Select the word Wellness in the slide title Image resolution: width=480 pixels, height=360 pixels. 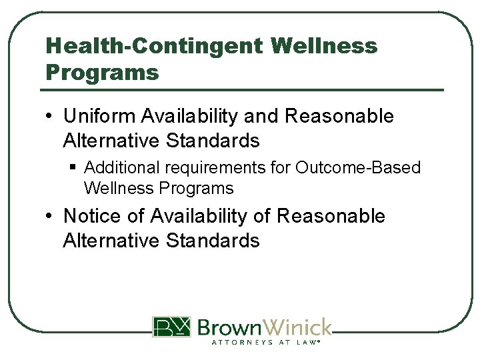click(325, 46)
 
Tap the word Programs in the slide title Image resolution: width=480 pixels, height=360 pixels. click(102, 72)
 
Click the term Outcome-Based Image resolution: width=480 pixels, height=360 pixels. click(359, 167)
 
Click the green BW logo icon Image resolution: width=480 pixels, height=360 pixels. click(171, 327)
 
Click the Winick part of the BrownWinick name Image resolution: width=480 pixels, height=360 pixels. click(298, 327)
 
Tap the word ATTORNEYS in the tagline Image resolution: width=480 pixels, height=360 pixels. click(242, 342)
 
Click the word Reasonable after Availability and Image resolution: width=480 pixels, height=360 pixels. click(339, 116)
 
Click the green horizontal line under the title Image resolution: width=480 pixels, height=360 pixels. click(243, 90)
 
